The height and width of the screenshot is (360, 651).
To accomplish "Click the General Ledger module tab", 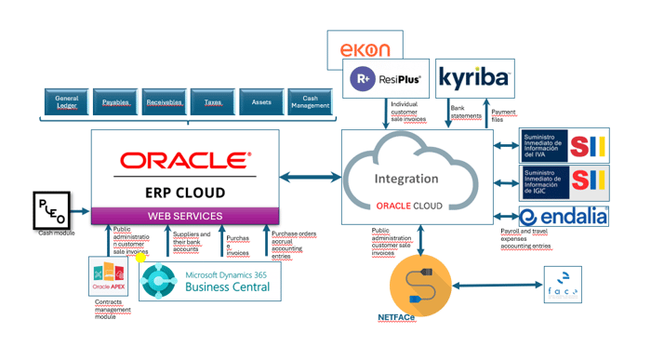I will [x=66, y=100].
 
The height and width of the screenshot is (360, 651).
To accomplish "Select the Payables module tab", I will [x=114, y=100].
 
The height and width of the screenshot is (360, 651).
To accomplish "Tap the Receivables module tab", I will [x=164, y=100].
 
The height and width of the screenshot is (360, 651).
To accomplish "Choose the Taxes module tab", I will [x=212, y=100].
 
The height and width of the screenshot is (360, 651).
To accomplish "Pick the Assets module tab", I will [x=260, y=100].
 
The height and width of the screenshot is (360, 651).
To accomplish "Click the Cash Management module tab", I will [x=309, y=100].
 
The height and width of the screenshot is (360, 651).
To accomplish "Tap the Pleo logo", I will [x=51, y=210].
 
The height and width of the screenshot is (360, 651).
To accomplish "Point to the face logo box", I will [x=563, y=284].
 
